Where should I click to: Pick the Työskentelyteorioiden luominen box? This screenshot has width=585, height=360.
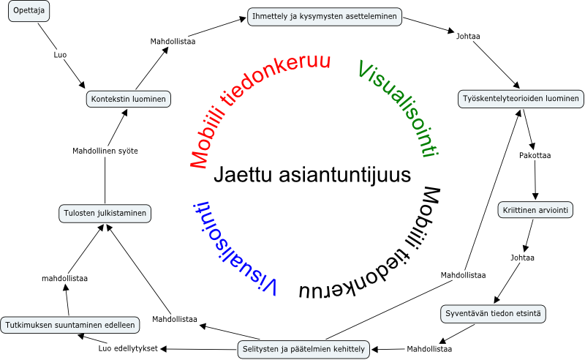[521, 98]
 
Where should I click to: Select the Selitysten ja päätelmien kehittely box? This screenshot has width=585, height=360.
[303, 348]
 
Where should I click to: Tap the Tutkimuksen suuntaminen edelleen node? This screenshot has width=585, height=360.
[69, 324]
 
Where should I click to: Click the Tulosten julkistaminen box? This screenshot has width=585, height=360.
[104, 214]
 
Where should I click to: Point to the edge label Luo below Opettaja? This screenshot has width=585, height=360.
[60, 55]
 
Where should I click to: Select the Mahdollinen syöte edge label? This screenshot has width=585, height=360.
[105, 151]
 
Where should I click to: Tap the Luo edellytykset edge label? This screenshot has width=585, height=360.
[128, 348]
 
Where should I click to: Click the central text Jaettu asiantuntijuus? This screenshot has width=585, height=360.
[312, 175]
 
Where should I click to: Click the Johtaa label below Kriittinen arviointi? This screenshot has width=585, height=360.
[522, 258]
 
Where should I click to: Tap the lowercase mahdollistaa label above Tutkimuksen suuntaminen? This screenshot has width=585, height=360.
[65, 279]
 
